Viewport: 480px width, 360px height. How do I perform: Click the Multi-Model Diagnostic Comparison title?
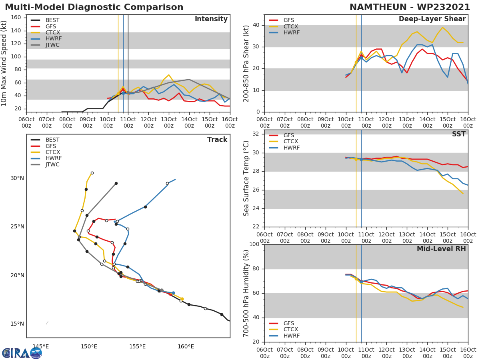pos(94,7)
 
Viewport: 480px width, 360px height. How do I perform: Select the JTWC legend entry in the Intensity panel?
pos(52,45)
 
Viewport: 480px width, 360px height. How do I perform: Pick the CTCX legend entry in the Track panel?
pos(52,152)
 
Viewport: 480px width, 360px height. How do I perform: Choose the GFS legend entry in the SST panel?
pos(288,135)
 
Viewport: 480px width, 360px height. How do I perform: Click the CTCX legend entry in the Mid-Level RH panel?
pos(291,330)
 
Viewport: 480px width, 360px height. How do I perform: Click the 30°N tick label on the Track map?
pos(17,178)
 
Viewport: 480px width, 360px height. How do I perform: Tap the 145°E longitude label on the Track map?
pos(40,346)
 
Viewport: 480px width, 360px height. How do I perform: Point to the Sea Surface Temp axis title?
pos(246,178)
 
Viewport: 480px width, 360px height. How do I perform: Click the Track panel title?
pos(217,140)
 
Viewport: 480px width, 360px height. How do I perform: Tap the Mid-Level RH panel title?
pos(441,249)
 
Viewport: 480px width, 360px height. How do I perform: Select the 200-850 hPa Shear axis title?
pos(246,63)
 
